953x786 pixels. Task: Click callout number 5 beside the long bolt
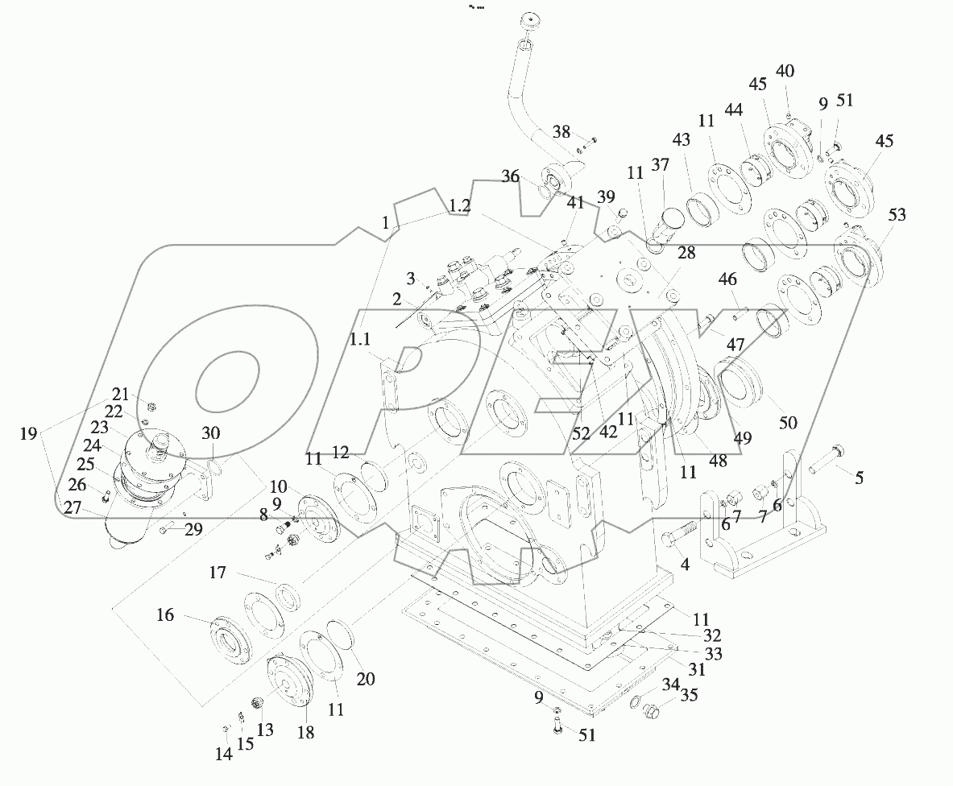(x=860, y=478)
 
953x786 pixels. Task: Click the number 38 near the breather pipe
(x=561, y=133)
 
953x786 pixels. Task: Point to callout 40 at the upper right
(x=784, y=72)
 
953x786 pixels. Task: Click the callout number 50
(x=787, y=423)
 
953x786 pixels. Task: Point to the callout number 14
(x=223, y=754)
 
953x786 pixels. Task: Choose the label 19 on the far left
(x=28, y=434)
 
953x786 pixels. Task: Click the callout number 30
(x=210, y=432)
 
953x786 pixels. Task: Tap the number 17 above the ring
(x=218, y=573)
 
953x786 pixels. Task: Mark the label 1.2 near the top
(x=459, y=206)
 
